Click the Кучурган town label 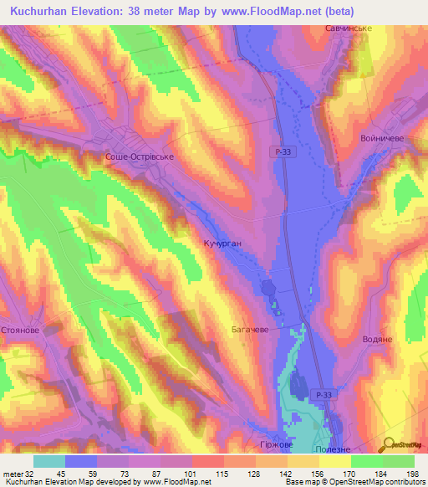[222, 243]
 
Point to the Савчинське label [348, 28]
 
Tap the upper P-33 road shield [283, 151]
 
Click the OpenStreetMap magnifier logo [390, 443]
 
